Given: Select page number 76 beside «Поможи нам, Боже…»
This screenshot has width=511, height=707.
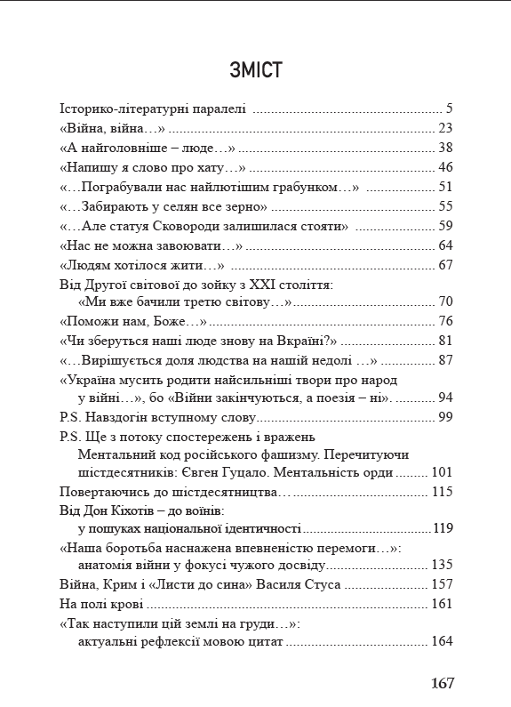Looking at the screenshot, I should (x=446, y=321).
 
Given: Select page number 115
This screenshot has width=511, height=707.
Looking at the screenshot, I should (x=443, y=491).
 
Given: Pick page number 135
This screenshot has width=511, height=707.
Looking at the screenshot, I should (x=443, y=566).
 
